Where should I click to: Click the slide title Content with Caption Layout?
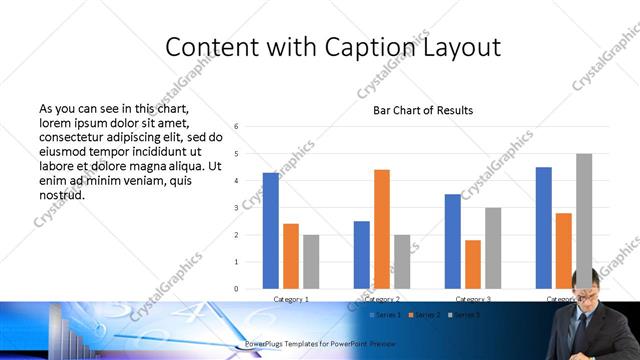point(333,47)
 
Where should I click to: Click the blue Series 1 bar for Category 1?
point(271,231)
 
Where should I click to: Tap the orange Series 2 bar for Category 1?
point(291,256)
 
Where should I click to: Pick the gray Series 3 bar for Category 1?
point(311,262)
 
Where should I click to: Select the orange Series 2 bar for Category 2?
point(382,229)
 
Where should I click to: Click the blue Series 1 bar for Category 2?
point(362,255)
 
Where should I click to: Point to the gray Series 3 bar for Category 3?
point(493,248)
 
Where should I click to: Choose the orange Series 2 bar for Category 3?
point(473,264)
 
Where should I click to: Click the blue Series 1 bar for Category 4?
point(544,228)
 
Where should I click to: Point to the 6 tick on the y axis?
point(235,127)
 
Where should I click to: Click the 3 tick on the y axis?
point(235,208)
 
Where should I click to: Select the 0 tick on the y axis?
point(235,289)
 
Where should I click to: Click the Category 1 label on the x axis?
point(291,299)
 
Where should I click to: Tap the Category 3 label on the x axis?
point(473,299)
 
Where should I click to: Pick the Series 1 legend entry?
point(386,316)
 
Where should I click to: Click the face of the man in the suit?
point(585,284)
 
